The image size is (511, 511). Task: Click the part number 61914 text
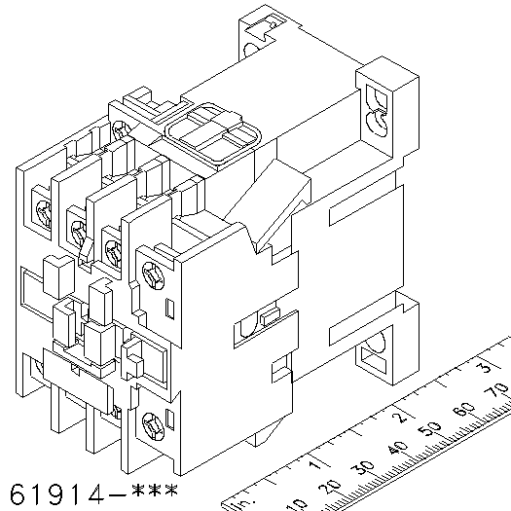click(x=57, y=494)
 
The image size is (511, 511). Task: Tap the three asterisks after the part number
click(x=155, y=490)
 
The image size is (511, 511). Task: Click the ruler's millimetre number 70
click(x=496, y=389)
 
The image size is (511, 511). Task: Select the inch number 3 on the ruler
click(x=485, y=367)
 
